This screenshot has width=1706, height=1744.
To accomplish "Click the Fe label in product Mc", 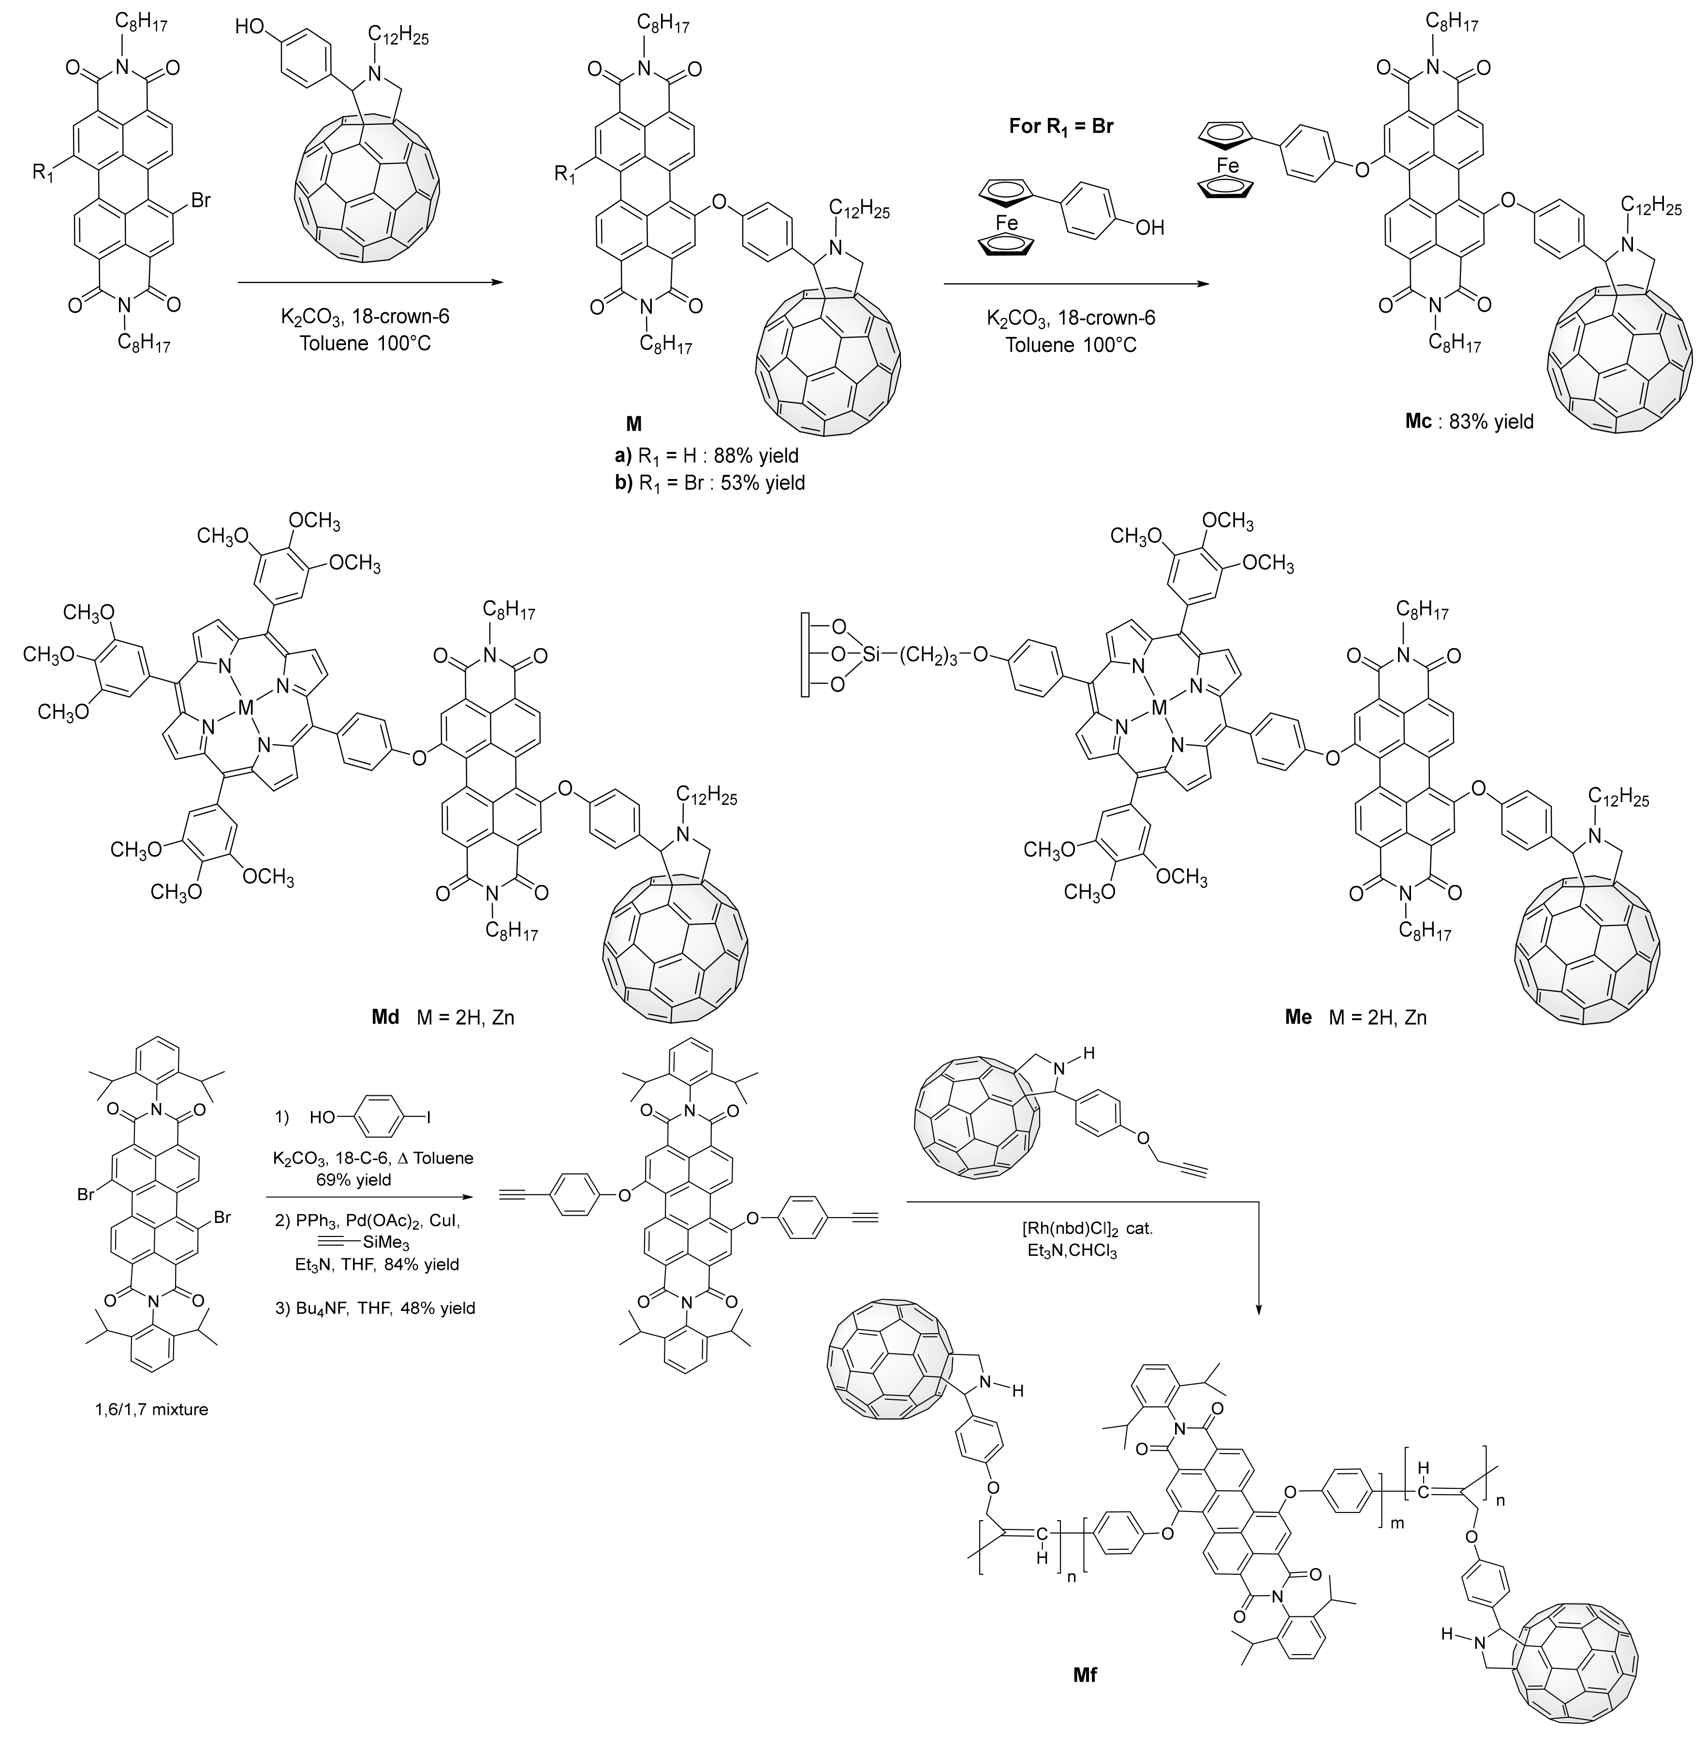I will tap(1228, 166).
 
